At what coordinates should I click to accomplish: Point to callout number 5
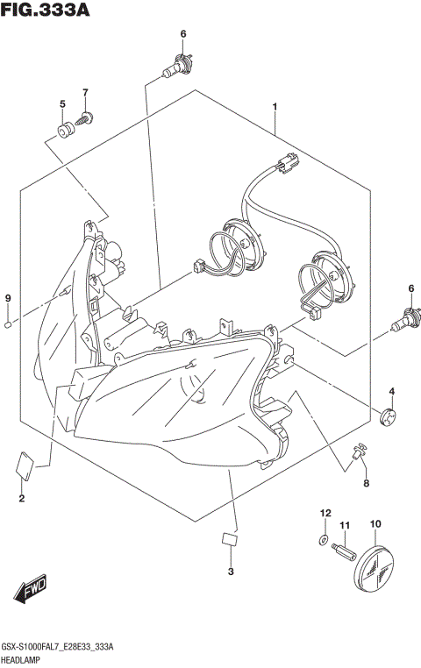pos(62,104)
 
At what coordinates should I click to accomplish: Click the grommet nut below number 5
pos(63,131)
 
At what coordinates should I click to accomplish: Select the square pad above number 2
pos(24,464)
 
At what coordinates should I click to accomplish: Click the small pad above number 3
pos(230,539)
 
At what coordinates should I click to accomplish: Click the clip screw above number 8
pos(359,453)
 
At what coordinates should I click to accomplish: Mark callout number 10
pos(375,524)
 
